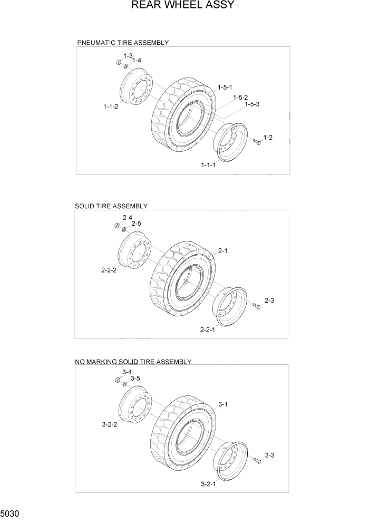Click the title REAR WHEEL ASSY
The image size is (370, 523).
[x=182, y=6]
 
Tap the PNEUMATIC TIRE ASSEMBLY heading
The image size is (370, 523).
[x=123, y=42]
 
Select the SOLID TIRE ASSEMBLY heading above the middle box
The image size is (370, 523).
[x=111, y=206]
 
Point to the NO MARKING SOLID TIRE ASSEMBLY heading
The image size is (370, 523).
[x=133, y=362]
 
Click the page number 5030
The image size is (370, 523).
[x=11, y=512]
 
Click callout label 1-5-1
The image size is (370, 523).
[x=225, y=87]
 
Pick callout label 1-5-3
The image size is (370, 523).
[x=251, y=104]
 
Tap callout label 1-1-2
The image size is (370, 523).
[x=111, y=106]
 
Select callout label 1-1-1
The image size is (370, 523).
[x=208, y=165]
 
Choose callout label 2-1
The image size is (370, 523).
[x=222, y=251]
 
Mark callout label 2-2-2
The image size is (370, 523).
[x=109, y=270]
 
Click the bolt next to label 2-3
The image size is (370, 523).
[x=257, y=306]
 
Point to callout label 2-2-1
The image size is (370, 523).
[x=208, y=330]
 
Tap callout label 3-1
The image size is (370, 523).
[x=222, y=404]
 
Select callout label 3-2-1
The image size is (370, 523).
[x=209, y=484]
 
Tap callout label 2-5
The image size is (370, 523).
[x=137, y=224]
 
